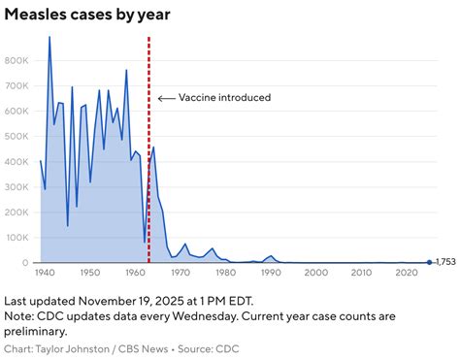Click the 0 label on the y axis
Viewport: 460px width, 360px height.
pos(27,263)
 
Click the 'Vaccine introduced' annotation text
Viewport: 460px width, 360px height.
pos(225,98)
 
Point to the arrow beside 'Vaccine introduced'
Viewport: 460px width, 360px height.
pos(166,98)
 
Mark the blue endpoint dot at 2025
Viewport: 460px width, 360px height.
pos(430,262)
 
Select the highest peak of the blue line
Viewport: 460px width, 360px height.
pos(49,37)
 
